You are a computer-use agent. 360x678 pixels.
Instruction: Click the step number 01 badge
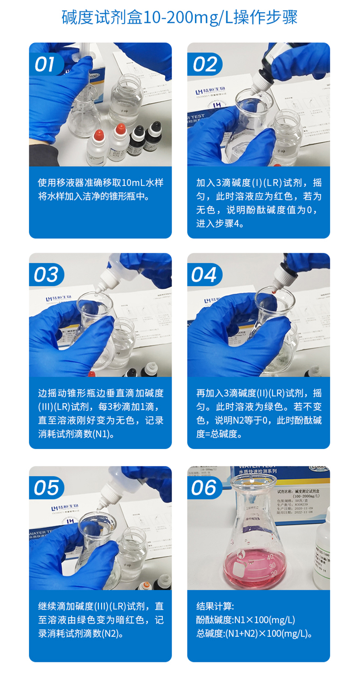coord(45,64)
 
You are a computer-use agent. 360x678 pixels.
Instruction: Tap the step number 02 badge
coord(204,64)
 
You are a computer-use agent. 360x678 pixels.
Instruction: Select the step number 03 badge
coord(46,275)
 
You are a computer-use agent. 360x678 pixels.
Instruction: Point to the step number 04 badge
coord(204,275)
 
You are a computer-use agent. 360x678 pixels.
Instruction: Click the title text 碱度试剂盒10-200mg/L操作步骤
coord(179,18)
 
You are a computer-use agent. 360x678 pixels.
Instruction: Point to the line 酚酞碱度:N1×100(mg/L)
coord(246,620)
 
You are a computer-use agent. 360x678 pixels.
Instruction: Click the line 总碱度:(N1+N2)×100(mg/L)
coord(254,634)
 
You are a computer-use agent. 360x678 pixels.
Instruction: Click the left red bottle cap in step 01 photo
coord(98,134)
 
